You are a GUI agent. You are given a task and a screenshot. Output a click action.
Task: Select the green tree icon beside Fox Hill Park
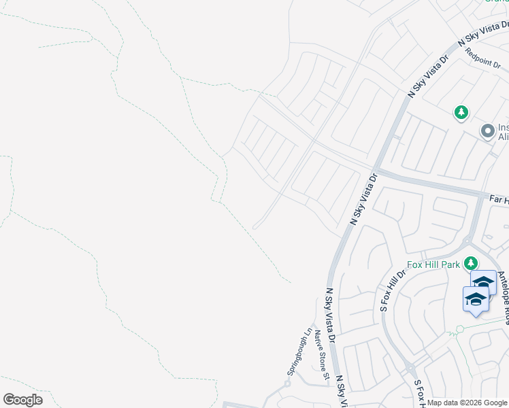coord(471,262)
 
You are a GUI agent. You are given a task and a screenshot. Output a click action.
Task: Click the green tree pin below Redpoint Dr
coord(462,112)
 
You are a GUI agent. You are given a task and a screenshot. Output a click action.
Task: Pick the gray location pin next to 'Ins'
coord(487,130)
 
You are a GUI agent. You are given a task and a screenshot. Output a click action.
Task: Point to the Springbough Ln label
coord(298,352)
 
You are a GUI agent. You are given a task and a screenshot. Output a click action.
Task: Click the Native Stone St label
coord(321,354)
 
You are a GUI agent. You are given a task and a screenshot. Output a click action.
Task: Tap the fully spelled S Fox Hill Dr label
coord(393,290)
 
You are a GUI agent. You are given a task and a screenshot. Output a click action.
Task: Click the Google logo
coord(22,400)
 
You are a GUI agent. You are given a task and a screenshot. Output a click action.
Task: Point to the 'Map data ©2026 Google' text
coord(467,403)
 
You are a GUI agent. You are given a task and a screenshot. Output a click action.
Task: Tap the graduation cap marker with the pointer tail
coord(476,300)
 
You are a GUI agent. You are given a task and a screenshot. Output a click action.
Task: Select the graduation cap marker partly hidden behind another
coord(486,280)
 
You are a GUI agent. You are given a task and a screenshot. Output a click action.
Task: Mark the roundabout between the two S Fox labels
coord(410,368)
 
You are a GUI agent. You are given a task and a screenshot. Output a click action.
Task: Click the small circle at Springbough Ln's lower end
coord(288,384)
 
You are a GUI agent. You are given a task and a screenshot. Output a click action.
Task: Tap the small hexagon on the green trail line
coord(460,328)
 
